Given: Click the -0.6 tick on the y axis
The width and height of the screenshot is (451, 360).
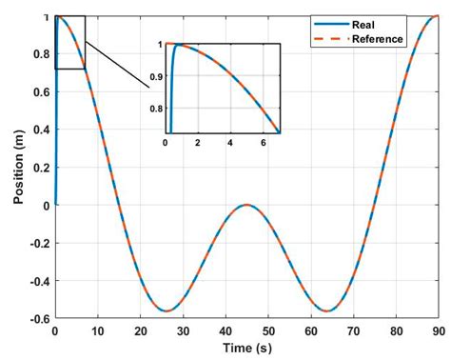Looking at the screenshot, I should [x=38, y=319].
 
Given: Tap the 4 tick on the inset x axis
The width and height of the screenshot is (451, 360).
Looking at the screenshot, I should [x=230, y=142].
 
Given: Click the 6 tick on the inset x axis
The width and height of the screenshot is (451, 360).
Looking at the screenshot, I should [x=264, y=142].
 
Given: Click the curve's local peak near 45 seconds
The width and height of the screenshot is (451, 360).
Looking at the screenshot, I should [x=245, y=205].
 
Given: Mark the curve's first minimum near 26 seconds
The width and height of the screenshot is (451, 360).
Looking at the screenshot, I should [x=167, y=310].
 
